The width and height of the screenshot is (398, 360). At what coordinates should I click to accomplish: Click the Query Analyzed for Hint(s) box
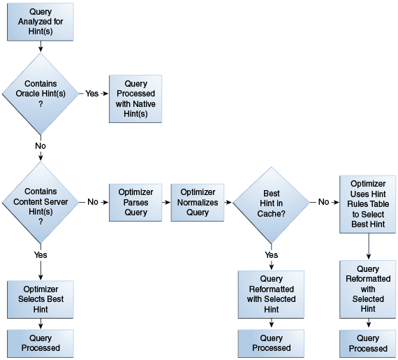pyautogui.click(x=40, y=22)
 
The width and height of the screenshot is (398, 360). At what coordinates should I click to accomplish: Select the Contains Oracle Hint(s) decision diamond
pyautogui.click(x=40, y=94)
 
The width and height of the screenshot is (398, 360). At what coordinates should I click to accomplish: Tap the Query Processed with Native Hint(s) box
pyautogui.click(x=135, y=99)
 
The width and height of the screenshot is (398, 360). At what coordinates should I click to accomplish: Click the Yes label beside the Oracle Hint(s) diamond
pyautogui.click(x=92, y=94)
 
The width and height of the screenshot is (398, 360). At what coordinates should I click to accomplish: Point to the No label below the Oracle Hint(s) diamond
pyautogui.click(x=40, y=146)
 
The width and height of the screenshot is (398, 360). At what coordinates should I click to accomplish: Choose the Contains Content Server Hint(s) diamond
pyautogui.click(x=40, y=203)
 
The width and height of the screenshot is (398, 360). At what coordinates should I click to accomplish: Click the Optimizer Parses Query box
pyautogui.click(x=135, y=203)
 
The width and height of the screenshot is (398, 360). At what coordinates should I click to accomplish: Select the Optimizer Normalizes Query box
pyautogui.click(x=198, y=203)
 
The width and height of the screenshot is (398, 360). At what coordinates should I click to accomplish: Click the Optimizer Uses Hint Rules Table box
pyautogui.click(x=368, y=204)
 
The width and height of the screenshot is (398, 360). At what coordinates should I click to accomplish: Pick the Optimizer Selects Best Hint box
pyautogui.click(x=40, y=300)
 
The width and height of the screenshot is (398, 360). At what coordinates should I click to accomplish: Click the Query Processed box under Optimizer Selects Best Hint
pyautogui.click(x=40, y=343)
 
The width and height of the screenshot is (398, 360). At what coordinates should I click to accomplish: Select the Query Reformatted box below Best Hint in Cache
pyautogui.click(x=271, y=294)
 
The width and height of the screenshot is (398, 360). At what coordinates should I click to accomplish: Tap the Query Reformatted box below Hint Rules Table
pyautogui.click(x=368, y=289)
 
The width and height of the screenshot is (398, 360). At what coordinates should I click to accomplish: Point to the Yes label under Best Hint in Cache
pyautogui.click(x=272, y=254)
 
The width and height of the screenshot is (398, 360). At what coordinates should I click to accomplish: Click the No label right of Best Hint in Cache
pyautogui.click(x=323, y=202)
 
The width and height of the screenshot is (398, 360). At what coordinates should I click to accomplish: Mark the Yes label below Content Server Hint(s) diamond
pyautogui.click(x=40, y=254)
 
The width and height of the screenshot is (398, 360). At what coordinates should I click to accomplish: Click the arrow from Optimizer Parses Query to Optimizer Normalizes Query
pyautogui.click(x=166, y=203)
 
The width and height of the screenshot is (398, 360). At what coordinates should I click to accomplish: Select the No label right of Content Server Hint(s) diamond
pyautogui.click(x=93, y=202)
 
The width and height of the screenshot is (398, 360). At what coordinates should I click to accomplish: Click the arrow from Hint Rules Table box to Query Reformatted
pyautogui.click(x=369, y=247)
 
